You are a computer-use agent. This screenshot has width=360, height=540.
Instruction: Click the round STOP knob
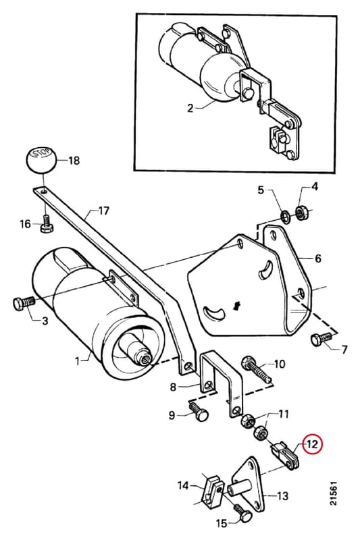[41, 160]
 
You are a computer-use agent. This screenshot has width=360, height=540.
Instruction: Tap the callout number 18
[73, 161]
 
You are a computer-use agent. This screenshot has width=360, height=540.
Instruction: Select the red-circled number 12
[312, 444]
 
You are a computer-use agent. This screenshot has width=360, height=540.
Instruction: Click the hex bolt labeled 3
[24, 303]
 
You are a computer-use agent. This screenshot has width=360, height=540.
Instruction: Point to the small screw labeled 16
[46, 223]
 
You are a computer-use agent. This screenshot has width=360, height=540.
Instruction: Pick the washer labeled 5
[286, 216]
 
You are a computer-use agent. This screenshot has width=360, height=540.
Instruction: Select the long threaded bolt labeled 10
[257, 371]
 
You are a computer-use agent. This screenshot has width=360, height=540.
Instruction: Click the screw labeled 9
[199, 410]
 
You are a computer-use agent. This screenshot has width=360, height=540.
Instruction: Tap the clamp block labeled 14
[211, 490]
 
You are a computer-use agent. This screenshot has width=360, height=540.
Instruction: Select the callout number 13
[282, 496]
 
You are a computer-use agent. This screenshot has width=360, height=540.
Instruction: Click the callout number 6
[317, 258]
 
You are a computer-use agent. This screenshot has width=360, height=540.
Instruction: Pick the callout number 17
[103, 211]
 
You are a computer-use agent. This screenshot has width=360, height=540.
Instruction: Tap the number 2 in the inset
[190, 108]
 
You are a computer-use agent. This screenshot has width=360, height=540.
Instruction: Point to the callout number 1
[77, 361]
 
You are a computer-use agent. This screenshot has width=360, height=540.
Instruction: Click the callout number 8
[173, 387]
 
